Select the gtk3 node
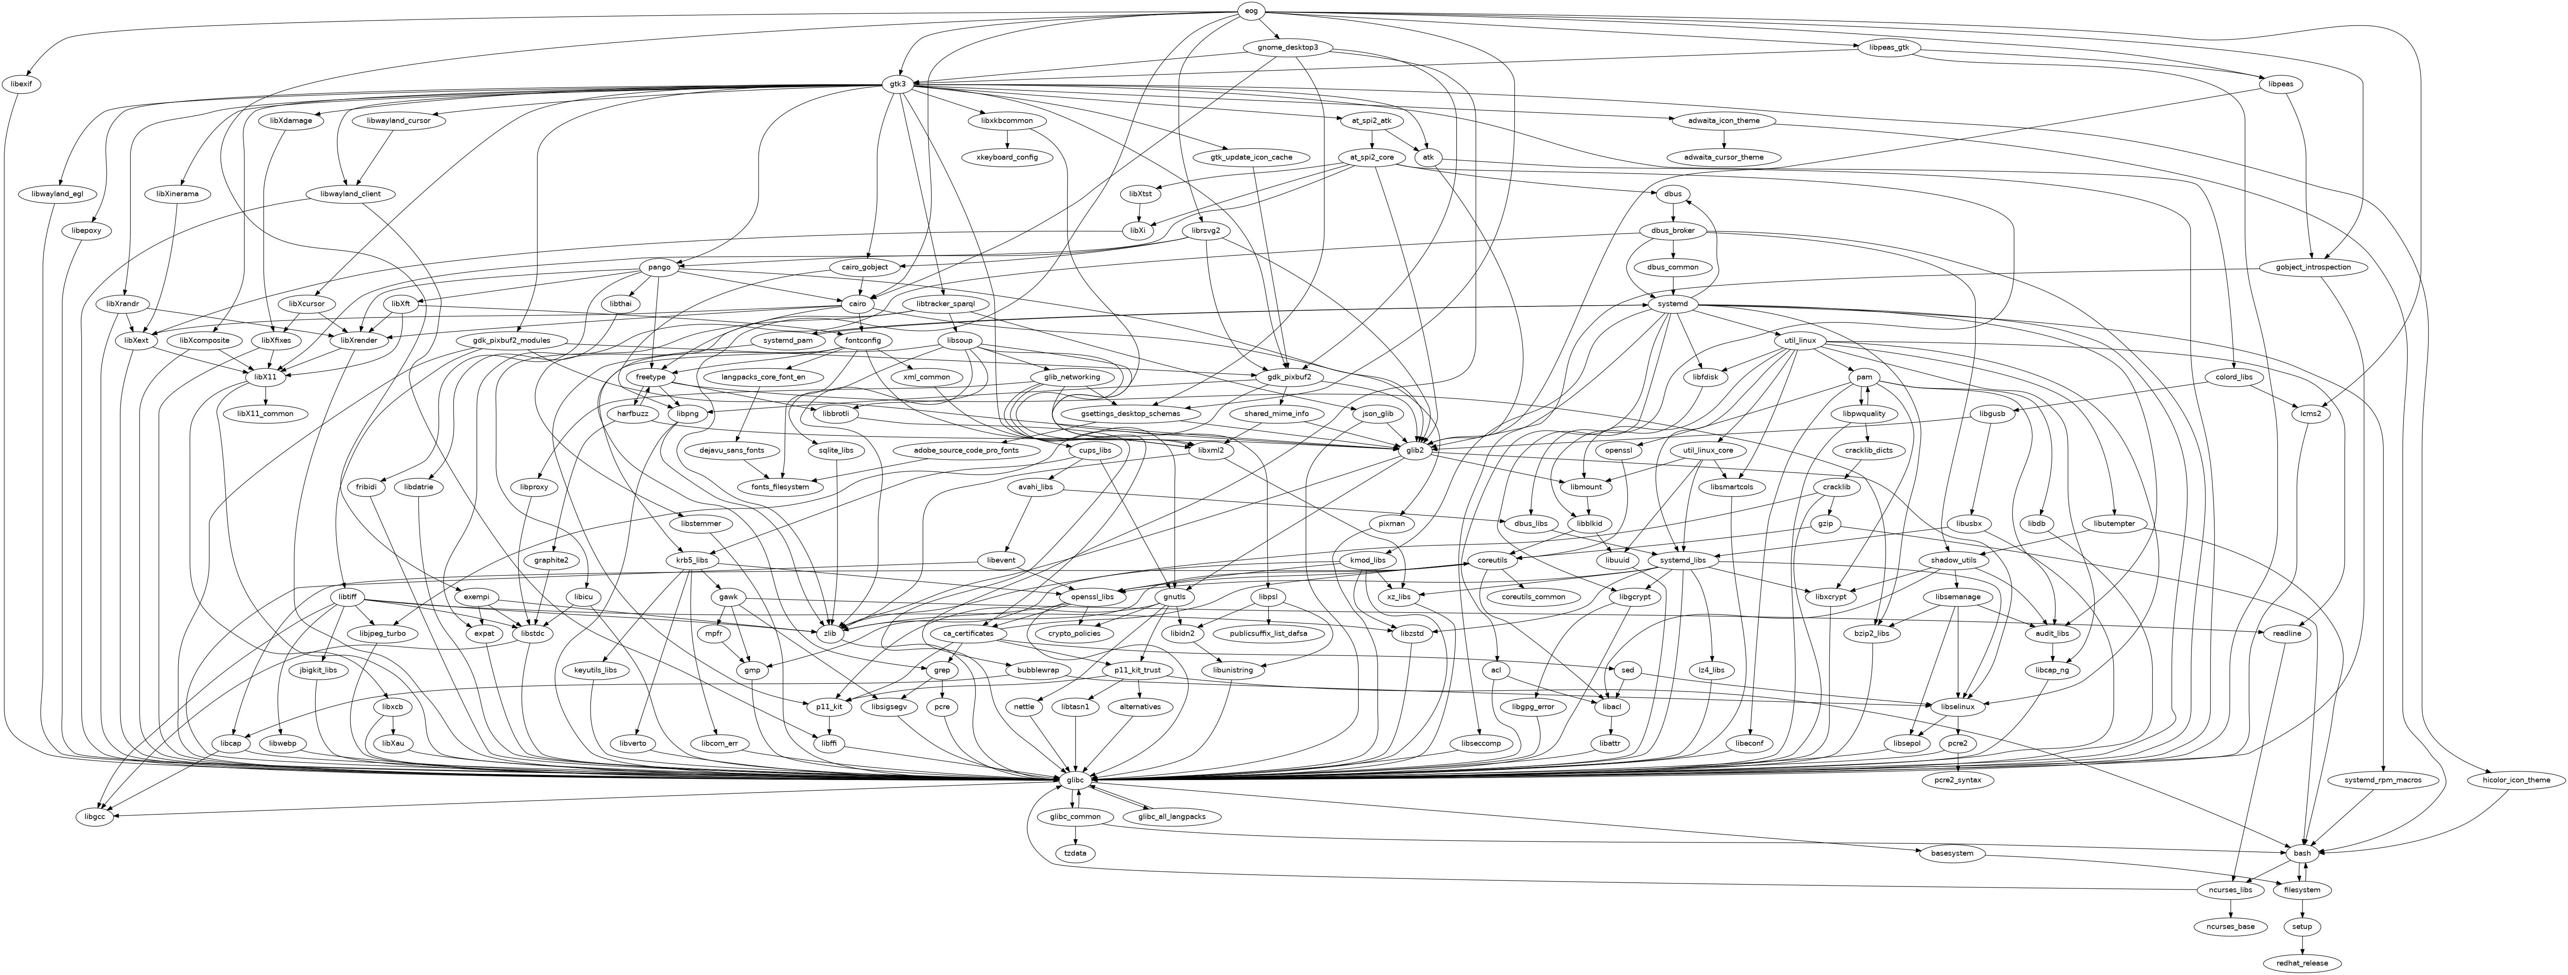[897, 84]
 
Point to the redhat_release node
[2302, 963]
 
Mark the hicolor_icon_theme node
[2515, 780]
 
